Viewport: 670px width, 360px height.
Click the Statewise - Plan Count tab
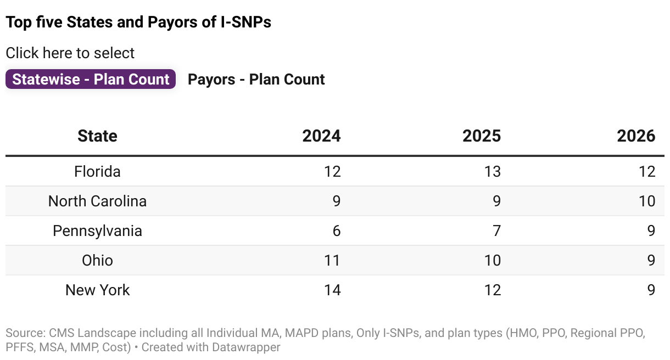(91, 80)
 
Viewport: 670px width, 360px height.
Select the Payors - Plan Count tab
(256, 80)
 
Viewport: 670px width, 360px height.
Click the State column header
(97, 136)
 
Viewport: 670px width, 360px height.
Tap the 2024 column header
(321, 136)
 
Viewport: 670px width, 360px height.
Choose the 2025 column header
(482, 136)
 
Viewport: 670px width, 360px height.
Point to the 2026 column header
(636, 136)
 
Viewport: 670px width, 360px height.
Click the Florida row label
(97, 172)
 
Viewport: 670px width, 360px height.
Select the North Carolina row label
(97, 201)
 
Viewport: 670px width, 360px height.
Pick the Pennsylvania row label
(97, 231)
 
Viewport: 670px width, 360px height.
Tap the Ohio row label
(97, 260)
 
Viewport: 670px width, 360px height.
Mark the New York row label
(97, 290)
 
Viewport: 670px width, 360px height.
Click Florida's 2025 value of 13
(492, 172)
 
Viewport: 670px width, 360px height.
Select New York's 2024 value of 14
(332, 290)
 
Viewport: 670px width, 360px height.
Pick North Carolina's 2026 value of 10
(646, 201)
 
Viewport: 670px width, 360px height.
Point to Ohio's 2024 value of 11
(332, 260)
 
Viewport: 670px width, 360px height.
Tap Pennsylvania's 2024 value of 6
(336, 231)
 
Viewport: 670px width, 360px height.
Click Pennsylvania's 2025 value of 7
(496, 231)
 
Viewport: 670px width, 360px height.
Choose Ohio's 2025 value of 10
(492, 260)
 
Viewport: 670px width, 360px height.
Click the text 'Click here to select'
(70, 53)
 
